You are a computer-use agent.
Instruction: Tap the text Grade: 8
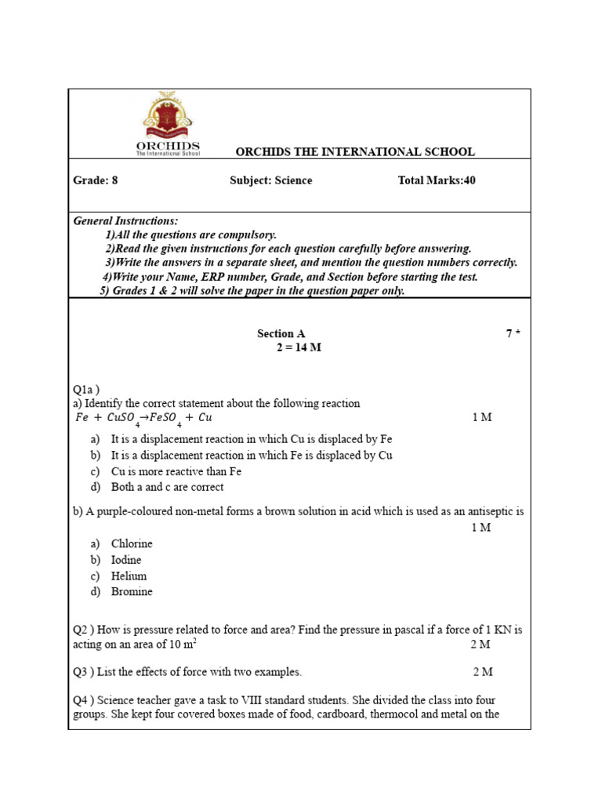(96, 180)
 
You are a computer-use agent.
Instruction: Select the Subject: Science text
(270, 180)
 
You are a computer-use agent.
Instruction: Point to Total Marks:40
(437, 180)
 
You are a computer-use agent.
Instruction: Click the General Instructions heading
(125, 221)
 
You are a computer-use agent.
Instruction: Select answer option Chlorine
(132, 543)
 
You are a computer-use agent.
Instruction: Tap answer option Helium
(129, 576)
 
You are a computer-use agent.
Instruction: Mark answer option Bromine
(132, 591)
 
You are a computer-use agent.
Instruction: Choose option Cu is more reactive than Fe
(176, 471)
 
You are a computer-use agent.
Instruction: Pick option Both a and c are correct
(167, 487)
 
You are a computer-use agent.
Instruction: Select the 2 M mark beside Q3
(484, 672)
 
